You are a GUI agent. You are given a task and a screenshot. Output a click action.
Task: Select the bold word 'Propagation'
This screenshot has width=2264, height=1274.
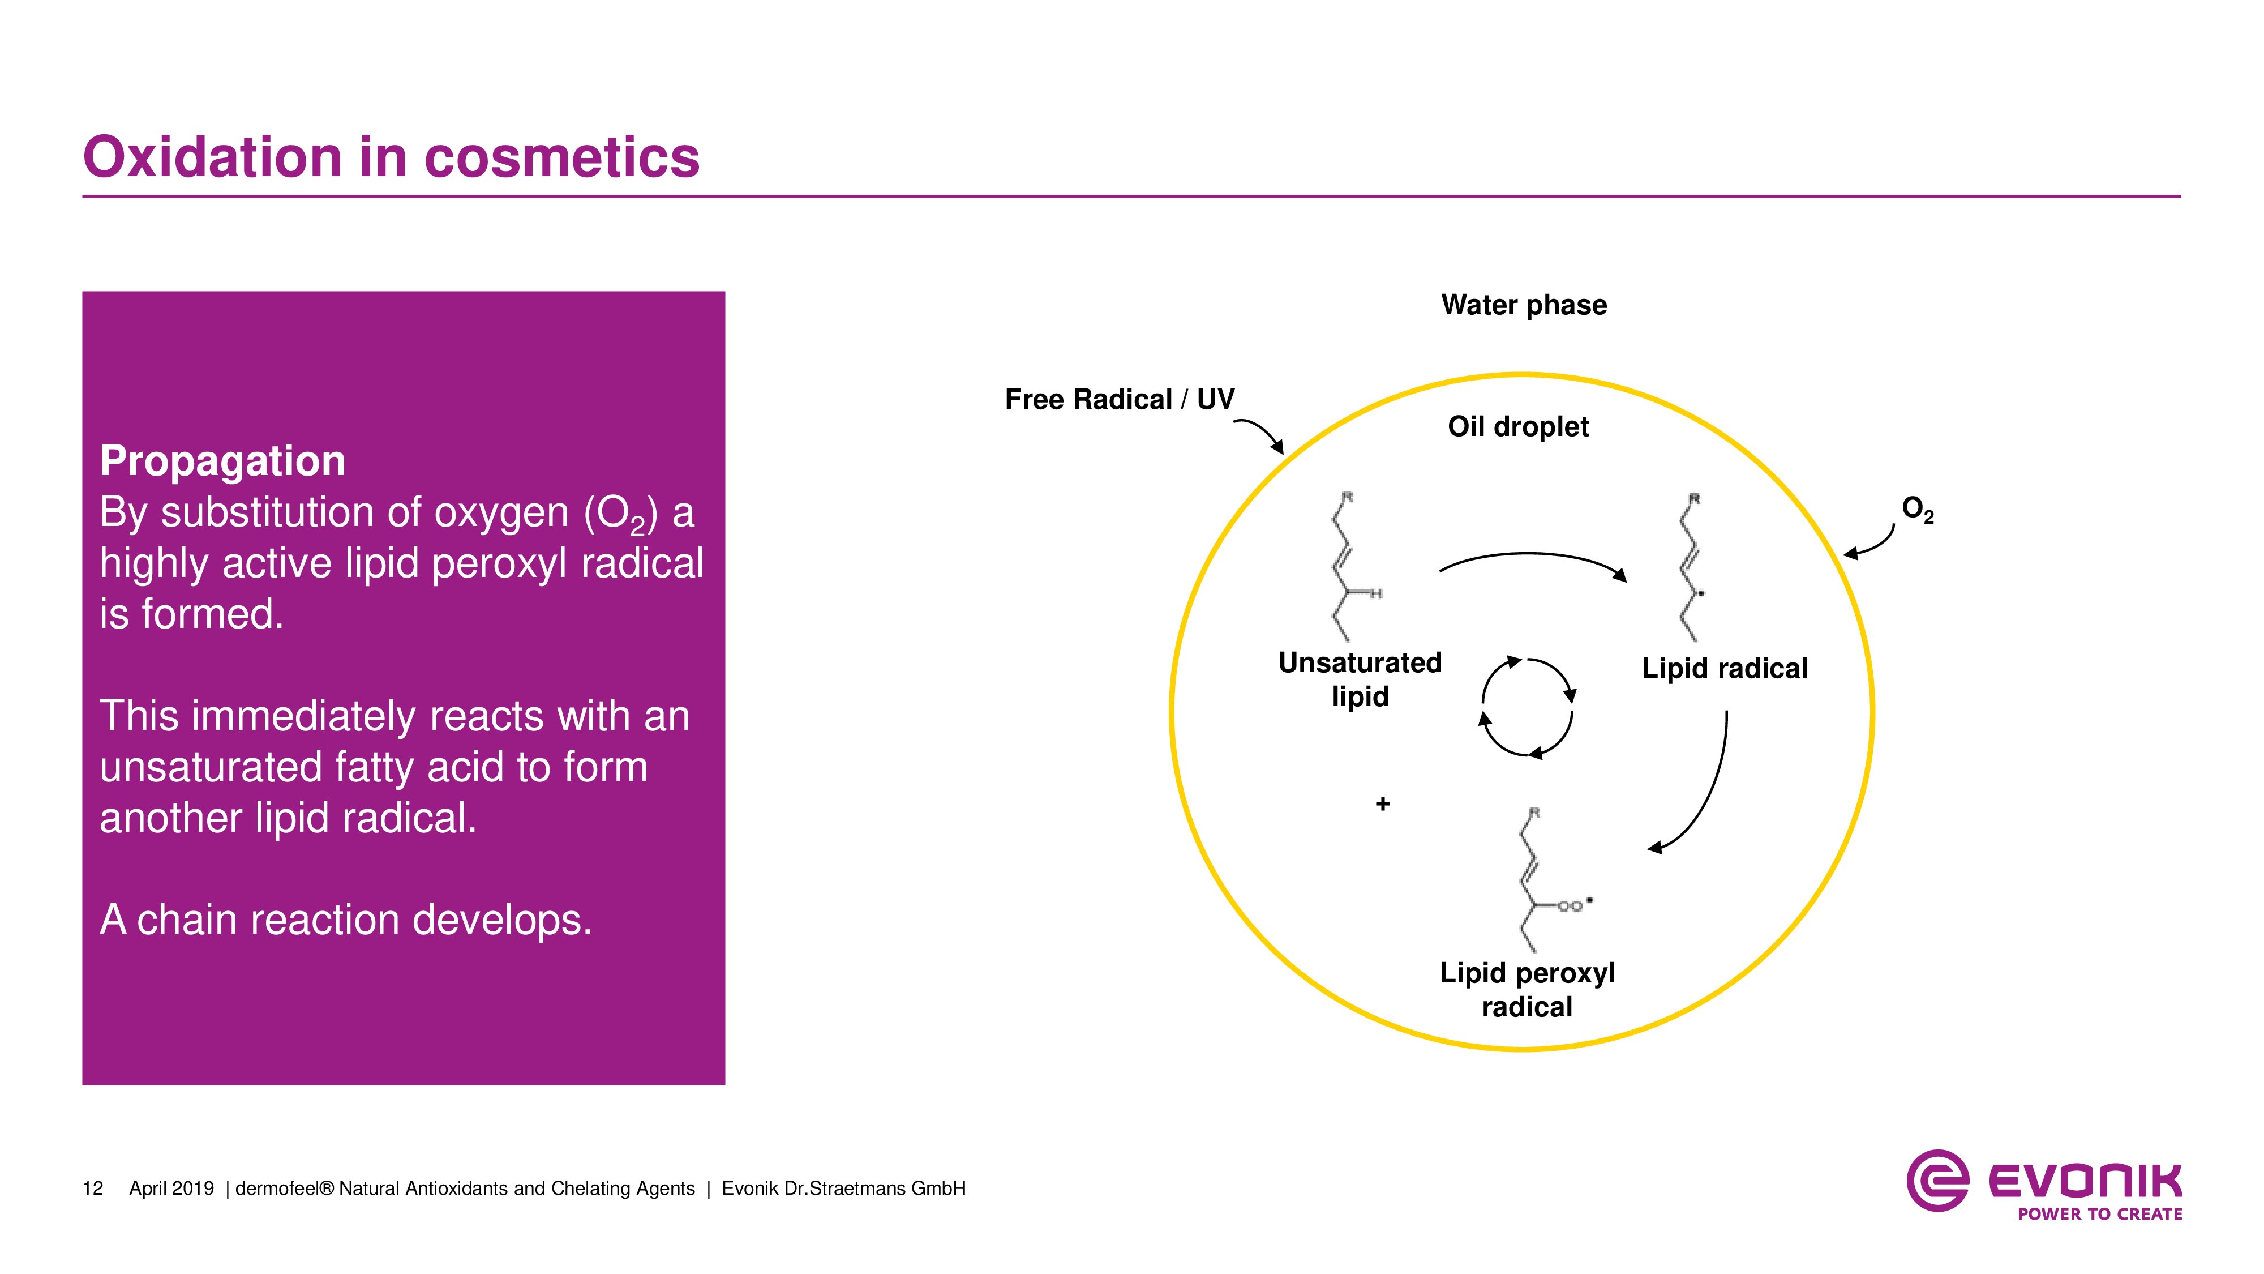222,461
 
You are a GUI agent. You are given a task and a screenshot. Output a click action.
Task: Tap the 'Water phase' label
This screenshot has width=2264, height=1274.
1523,305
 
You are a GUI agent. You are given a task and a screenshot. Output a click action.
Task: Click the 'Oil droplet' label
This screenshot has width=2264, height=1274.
1518,426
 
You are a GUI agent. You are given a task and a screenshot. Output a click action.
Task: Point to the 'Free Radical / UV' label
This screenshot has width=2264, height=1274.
1119,399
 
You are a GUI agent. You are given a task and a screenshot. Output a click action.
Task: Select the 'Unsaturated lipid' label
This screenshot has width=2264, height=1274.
1360,679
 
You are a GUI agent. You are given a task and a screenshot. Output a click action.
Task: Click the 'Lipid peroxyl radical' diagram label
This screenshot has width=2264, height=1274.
1527,989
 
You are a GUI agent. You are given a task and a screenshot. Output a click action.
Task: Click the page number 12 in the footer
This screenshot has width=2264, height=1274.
92,1189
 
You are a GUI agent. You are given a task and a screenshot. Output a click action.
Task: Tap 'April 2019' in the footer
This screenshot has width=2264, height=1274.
171,1189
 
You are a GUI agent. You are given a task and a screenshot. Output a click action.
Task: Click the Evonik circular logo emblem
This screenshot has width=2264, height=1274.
1937,1181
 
